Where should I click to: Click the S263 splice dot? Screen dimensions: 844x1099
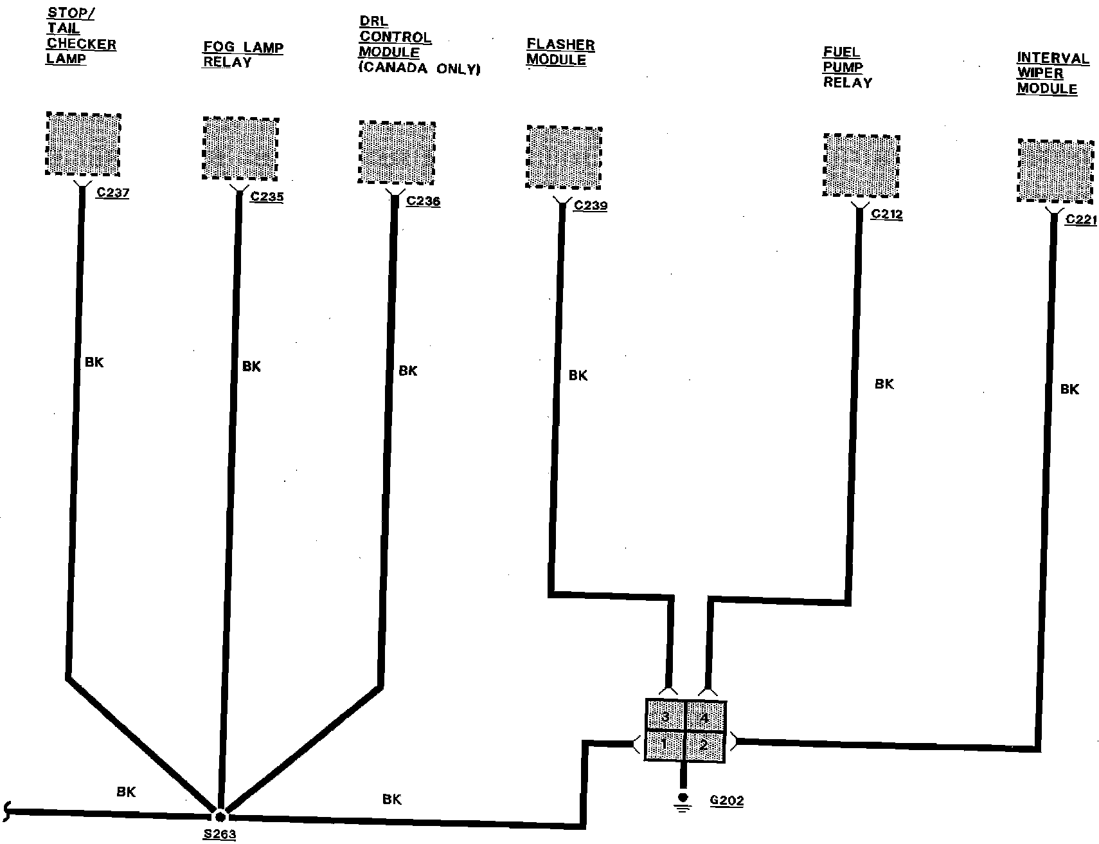point(219,815)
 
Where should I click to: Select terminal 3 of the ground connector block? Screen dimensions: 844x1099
point(665,716)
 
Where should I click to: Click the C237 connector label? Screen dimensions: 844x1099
point(112,192)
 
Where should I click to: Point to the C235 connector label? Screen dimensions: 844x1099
point(267,196)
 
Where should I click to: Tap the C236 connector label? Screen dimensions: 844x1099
point(424,201)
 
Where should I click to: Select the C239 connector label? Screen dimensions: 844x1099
point(590,205)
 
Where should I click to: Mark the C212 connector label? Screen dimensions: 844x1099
point(886,214)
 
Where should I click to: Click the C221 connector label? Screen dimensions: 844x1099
point(1081,219)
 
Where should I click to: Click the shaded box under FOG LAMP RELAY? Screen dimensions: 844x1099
point(240,149)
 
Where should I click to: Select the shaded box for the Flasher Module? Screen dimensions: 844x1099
point(564,157)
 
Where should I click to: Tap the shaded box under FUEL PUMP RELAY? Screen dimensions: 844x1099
point(861,165)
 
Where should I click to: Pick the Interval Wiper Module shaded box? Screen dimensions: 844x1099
point(1055,170)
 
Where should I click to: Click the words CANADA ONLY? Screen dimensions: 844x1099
point(419,69)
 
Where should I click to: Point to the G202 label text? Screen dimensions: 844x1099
point(727,800)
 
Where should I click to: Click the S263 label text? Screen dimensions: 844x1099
point(219,834)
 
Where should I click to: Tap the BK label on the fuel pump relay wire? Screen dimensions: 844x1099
point(884,384)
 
